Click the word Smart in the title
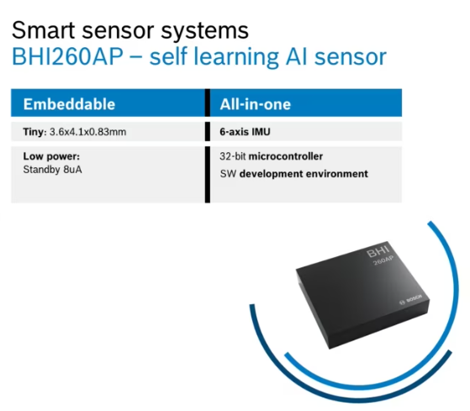(44, 30)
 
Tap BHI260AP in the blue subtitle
(67, 56)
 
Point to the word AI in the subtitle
(297, 56)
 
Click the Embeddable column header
(69, 104)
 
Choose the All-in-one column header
(256, 104)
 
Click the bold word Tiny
(34, 132)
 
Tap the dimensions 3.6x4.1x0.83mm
(87, 132)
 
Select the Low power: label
(51, 156)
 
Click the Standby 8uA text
(52, 170)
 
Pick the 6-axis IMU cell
(245, 132)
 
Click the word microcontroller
(286, 156)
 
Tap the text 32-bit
(233, 156)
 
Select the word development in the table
(272, 174)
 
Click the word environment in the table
(337, 174)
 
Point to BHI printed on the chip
(378, 251)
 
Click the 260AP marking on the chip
(383, 260)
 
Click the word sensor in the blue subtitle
(351, 57)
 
